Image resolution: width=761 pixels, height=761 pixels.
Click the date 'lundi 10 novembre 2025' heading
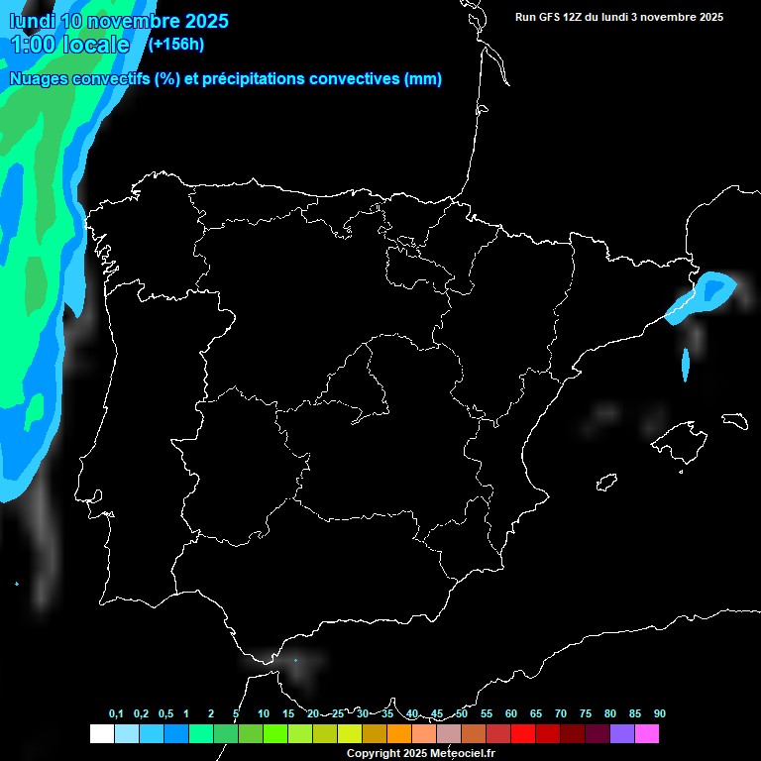119,21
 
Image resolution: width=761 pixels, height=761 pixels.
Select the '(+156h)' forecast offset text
175,44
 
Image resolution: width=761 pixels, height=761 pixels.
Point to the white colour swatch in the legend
101,734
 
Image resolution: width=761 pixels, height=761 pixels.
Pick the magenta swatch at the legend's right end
647,734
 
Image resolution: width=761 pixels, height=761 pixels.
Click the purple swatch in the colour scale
622,734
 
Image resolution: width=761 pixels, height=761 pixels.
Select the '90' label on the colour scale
659,714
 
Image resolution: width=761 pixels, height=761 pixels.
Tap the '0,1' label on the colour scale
116,714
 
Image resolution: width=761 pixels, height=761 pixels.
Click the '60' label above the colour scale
510,714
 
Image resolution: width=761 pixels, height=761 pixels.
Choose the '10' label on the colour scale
263,714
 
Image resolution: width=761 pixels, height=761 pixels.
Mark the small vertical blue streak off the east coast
686,365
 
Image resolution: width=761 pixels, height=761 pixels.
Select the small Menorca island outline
734,420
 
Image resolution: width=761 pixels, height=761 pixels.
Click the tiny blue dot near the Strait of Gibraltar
295,660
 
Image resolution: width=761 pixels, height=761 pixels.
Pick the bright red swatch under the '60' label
523,734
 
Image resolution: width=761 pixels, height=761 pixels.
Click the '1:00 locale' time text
69,45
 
